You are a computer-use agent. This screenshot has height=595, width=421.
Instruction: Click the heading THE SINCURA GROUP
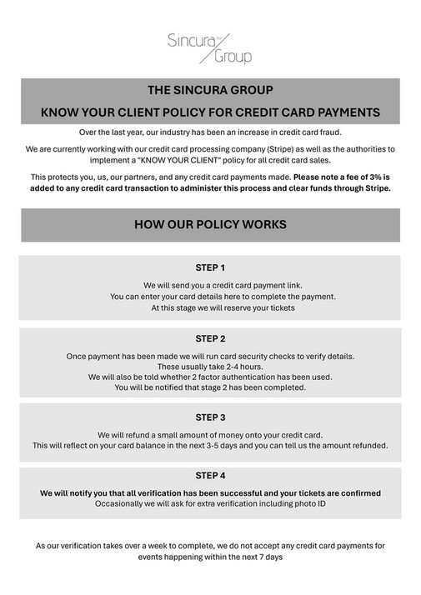click(x=210, y=89)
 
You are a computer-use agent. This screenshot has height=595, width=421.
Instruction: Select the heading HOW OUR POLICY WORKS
click(x=210, y=225)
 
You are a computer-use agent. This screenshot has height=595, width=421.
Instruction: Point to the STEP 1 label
click(x=210, y=267)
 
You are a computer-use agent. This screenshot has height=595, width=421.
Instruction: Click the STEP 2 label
click(x=210, y=339)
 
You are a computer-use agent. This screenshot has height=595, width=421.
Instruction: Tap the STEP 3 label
click(x=210, y=417)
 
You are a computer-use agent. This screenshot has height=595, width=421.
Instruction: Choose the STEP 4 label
click(x=210, y=476)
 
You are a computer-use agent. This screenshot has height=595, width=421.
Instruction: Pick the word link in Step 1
click(x=268, y=285)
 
